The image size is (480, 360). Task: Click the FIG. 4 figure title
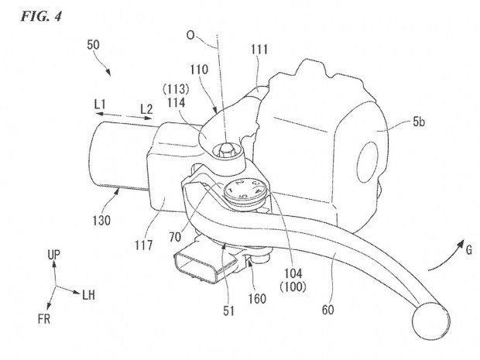point(41,16)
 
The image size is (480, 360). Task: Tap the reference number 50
point(93,45)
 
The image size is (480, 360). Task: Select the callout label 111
point(259,50)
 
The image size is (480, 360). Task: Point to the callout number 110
point(199,70)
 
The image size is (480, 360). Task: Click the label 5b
point(419,122)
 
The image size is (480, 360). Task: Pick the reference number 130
point(101,221)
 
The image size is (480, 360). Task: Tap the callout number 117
point(143,245)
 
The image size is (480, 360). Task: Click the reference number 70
point(175,237)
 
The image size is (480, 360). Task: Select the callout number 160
point(257,299)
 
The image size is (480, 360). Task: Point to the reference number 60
point(327,310)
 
